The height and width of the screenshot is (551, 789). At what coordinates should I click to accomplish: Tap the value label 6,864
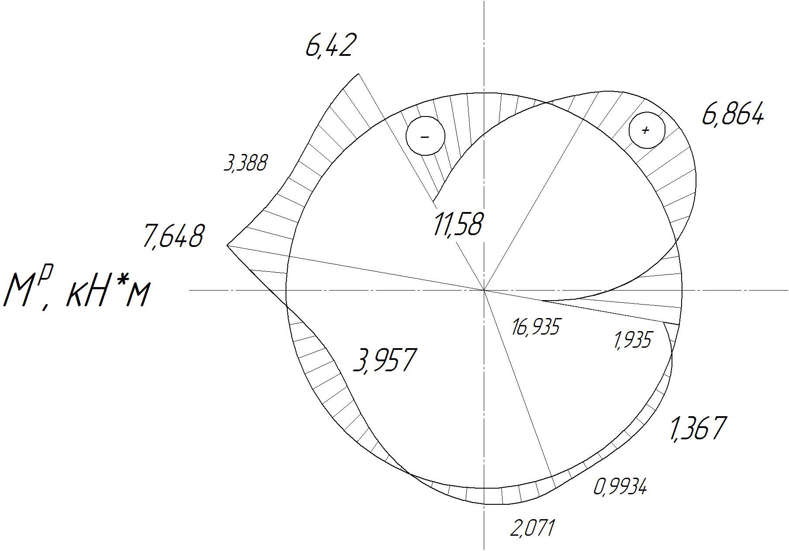(733, 115)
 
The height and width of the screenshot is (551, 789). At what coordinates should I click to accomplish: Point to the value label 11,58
(458, 224)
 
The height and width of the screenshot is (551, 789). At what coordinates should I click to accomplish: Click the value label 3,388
(245, 164)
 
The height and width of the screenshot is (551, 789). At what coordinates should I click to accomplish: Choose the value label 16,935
(535, 327)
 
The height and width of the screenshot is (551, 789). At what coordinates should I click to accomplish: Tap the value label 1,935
(633, 340)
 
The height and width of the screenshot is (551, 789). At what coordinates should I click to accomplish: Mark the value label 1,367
(697, 429)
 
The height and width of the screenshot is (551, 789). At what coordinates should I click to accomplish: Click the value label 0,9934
(620, 486)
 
